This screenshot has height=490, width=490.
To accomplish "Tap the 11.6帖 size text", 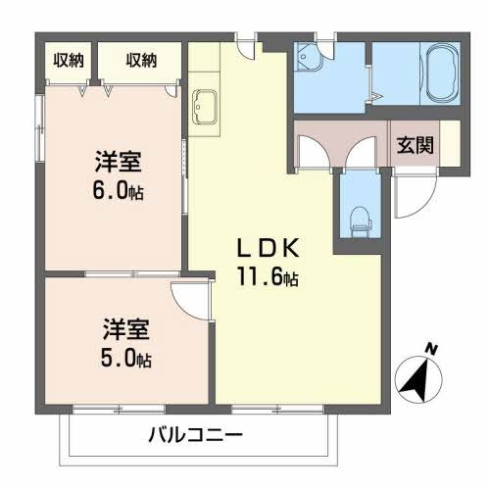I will click(265, 277).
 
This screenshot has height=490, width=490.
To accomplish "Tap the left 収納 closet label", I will click(69, 60).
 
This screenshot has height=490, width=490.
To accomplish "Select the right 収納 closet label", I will click(141, 60).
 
